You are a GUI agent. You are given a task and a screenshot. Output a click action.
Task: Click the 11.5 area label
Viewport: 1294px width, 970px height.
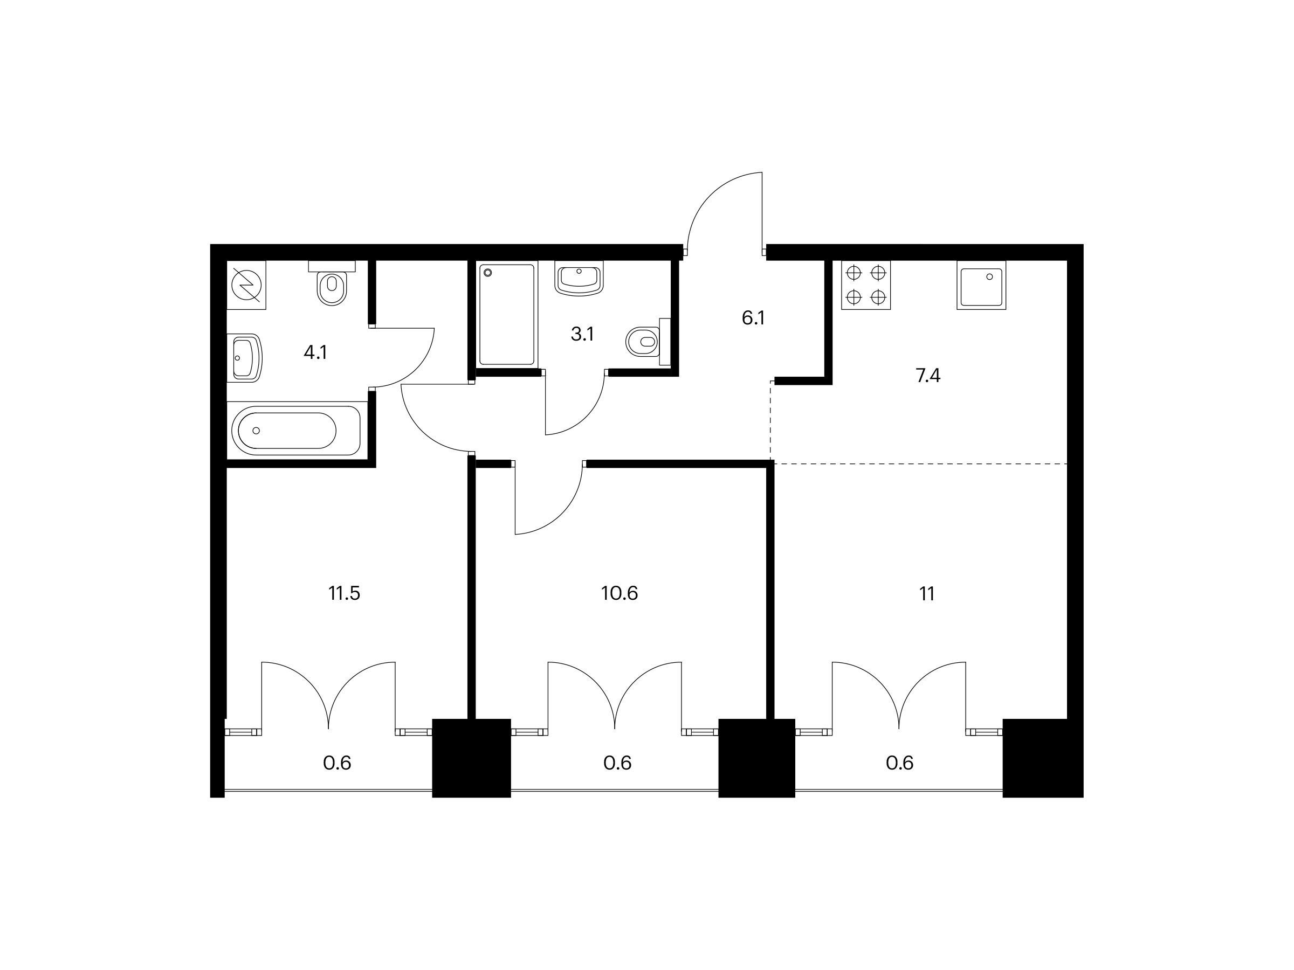point(344,593)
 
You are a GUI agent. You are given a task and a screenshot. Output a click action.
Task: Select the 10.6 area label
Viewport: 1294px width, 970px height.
point(619,593)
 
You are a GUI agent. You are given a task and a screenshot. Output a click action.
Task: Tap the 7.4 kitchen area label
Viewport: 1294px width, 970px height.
point(928,376)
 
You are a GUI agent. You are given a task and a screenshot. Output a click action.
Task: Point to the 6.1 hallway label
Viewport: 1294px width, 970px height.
point(753,318)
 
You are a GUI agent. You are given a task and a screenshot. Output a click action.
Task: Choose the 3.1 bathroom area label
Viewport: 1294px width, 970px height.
point(582,335)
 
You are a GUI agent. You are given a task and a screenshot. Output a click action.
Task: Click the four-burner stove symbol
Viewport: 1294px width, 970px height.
point(866,285)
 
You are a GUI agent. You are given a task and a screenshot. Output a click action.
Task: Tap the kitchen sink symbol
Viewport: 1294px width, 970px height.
point(982,285)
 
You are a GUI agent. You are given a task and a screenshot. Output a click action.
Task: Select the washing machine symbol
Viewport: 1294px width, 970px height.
point(246,285)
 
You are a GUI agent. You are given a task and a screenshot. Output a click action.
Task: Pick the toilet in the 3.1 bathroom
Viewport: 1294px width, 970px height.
point(648,342)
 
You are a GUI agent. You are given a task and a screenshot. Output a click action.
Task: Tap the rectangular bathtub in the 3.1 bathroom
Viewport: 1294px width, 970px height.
point(507,315)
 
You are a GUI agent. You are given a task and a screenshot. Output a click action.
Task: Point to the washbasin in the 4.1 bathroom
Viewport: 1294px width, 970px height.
point(245,357)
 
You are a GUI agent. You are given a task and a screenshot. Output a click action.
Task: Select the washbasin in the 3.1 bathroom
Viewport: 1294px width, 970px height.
point(579,280)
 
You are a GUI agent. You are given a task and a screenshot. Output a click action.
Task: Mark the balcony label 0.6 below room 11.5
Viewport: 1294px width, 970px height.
point(337,763)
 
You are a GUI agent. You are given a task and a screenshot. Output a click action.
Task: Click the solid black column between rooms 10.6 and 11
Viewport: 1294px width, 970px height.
point(756,758)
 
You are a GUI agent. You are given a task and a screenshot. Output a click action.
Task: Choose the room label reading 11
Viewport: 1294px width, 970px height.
point(927,593)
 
